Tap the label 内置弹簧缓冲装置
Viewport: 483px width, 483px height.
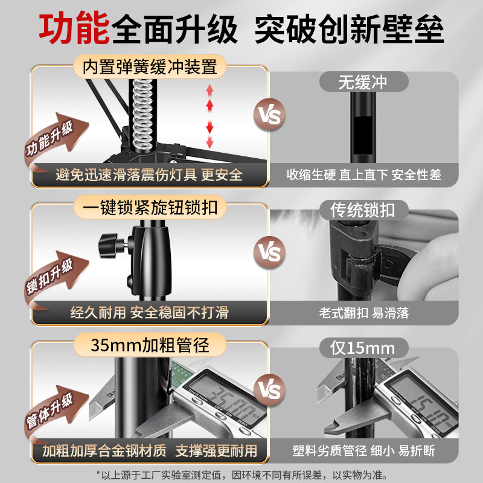pyautogui.click(x=150, y=66)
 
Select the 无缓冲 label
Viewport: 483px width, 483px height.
pyautogui.click(x=362, y=82)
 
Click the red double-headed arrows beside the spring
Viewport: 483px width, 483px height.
pyautogui.click(x=210, y=117)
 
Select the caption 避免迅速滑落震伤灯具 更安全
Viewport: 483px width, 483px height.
pyautogui.click(x=149, y=175)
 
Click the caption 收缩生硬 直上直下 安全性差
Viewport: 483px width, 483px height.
pyautogui.click(x=363, y=175)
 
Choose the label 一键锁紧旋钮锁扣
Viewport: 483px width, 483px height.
pyautogui.click(x=150, y=208)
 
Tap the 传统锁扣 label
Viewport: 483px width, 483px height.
pyautogui.click(x=362, y=210)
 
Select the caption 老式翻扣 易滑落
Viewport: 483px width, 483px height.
pyautogui.click(x=363, y=313)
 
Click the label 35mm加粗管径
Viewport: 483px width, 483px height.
pyautogui.click(x=150, y=345)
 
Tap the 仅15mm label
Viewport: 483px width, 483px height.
pyautogui.click(x=362, y=348)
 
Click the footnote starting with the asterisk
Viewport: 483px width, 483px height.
pyautogui.click(x=241, y=474)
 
